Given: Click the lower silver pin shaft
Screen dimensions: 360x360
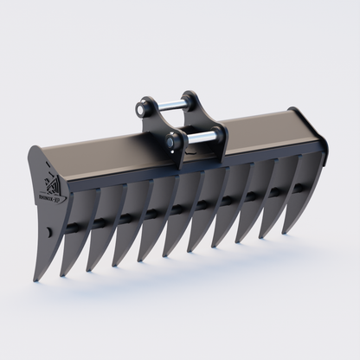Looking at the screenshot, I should pos(198,136).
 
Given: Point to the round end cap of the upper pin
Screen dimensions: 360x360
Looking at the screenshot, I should pos(141,110).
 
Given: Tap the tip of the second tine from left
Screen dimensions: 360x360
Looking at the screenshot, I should pos(62,274).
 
